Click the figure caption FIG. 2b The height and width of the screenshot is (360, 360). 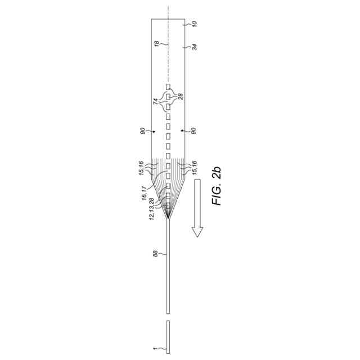coord(216,186)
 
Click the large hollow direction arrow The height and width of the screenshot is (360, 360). coord(197,208)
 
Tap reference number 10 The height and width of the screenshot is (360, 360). coord(194,24)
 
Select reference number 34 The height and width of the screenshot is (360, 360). coord(194,47)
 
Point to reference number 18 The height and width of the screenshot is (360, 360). coord(156,43)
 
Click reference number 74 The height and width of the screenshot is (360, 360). coord(156,101)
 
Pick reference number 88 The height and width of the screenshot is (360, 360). coord(155,254)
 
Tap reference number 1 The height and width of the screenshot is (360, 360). coord(155,355)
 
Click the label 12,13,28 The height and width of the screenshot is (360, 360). coord(151,209)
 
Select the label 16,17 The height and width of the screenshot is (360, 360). coord(144,193)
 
